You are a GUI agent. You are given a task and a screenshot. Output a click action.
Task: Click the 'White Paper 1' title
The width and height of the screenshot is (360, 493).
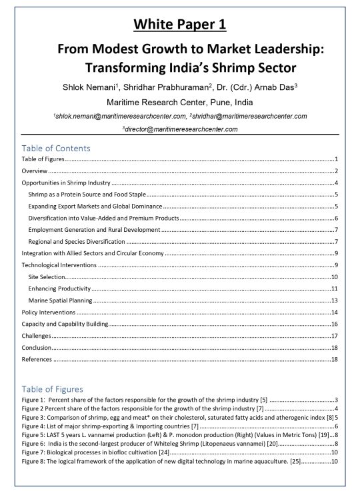click(179, 25)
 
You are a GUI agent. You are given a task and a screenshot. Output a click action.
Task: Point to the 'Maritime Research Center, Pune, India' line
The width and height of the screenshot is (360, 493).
click(179, 102)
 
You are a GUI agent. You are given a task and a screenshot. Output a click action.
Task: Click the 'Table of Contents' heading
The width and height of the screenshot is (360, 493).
click(56, 148)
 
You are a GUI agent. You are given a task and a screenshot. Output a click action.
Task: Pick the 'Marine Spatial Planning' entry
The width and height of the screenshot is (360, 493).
click(60, 300)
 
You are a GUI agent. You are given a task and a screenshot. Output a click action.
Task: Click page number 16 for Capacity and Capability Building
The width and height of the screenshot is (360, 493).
click(335, 324)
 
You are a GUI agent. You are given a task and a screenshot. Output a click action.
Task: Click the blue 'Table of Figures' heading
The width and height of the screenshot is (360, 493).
click(53, 388)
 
